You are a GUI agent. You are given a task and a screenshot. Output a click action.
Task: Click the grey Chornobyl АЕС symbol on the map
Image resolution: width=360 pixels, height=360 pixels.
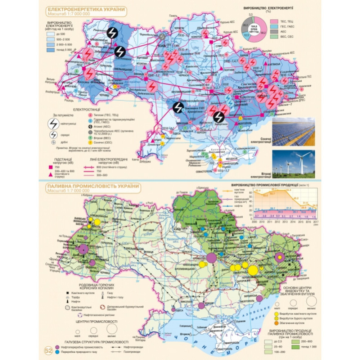click(163, 36)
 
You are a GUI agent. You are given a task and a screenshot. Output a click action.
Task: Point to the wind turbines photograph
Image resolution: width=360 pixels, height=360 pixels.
click(293, 164)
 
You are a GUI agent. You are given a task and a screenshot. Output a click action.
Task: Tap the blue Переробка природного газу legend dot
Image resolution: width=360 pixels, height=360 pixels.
click(58, 352)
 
